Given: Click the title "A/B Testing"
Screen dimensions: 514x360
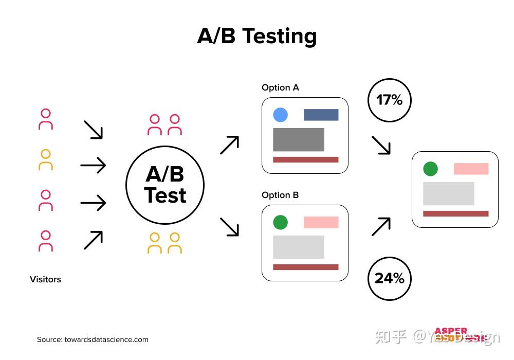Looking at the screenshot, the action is [x=257, y=36].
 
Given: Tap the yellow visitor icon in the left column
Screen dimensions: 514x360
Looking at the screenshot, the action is [x=46, y=160].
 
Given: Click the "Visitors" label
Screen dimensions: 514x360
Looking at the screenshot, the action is [x=45, y=279].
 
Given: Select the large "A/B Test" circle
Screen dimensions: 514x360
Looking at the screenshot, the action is [x=165, y=185].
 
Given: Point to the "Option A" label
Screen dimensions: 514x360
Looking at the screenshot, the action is [x=280, y=87].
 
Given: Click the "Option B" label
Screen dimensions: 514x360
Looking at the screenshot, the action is [x=280, y=195].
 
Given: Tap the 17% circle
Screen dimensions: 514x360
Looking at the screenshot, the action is [x=390, y=100].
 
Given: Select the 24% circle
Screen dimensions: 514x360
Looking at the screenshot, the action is [x=390, y=278].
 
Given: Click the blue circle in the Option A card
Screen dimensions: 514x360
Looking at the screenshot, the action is [x=280, y=115].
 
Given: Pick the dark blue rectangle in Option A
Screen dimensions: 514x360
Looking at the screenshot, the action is [x=321, y=115].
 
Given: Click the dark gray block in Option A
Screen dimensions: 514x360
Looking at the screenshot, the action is [x=298, y=139].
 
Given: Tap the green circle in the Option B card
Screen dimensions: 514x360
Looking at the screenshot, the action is [x=280, y=222].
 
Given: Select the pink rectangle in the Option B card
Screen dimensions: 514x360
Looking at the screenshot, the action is [x=321, y=222].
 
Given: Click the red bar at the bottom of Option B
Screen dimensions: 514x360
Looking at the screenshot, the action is [x=305, y=267].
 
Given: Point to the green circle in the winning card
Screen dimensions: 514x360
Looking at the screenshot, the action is [x=430, y=169].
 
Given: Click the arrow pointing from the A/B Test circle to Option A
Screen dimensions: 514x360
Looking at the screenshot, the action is [x=229, y=145].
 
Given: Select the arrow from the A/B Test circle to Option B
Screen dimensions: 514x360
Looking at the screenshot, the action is [x=229, y=227].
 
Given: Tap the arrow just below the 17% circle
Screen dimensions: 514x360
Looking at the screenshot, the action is [x=381, y=145].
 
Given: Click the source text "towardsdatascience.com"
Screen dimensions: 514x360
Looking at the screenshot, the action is [x=106, y=339].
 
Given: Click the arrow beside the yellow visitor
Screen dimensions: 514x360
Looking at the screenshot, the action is [x=93, y=165].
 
